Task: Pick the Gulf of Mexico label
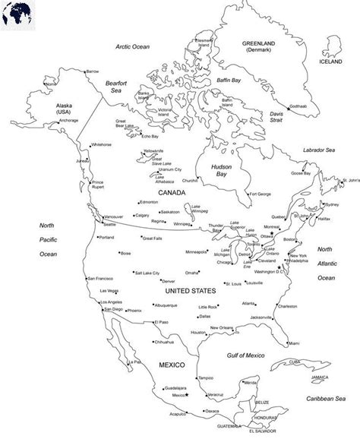click(x=245, y=355)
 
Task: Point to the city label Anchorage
click(x=47, y=120)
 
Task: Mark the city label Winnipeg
click(x=182, y=224)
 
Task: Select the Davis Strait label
click(x=281, y=117)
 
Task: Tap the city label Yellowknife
click(x=153, y=150)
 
